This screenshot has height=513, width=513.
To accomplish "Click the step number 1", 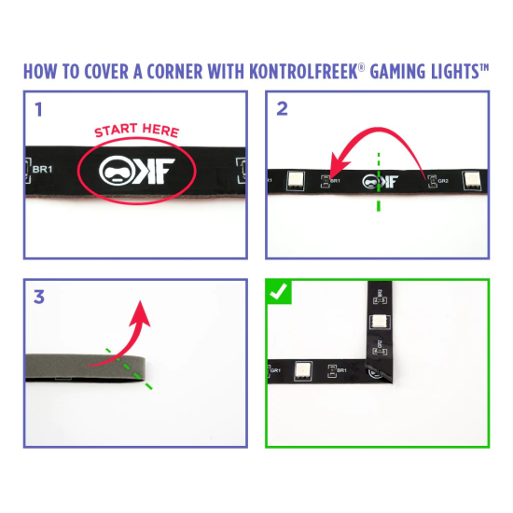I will click(38, 109).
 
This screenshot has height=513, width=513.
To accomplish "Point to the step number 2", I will click(283, 109).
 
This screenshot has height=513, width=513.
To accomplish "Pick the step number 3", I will click(38, 298).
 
